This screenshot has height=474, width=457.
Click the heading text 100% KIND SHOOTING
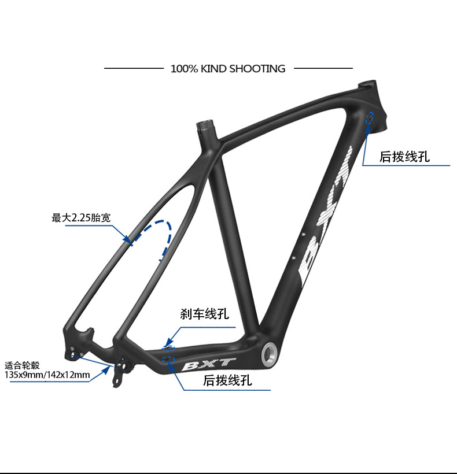pos(228,69)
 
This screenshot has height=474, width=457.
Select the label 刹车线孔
pos(204,314)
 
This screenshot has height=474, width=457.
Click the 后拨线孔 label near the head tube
pos(404,157)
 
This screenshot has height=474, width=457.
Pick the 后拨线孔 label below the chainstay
pos(227,381)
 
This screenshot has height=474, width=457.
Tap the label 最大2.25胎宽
pos(81,218)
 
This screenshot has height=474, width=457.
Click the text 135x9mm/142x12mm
pos(47,376)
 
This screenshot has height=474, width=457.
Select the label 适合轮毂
pos(22,365)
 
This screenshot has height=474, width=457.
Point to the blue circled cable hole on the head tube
pos(370,118)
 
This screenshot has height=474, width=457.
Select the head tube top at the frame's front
pos(368,83)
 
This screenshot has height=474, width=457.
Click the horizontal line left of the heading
pos(134,68)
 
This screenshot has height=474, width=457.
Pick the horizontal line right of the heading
pos(323,68)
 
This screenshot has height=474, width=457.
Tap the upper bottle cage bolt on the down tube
pos(302,235)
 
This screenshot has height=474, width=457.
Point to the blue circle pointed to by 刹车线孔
pos(169,347)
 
